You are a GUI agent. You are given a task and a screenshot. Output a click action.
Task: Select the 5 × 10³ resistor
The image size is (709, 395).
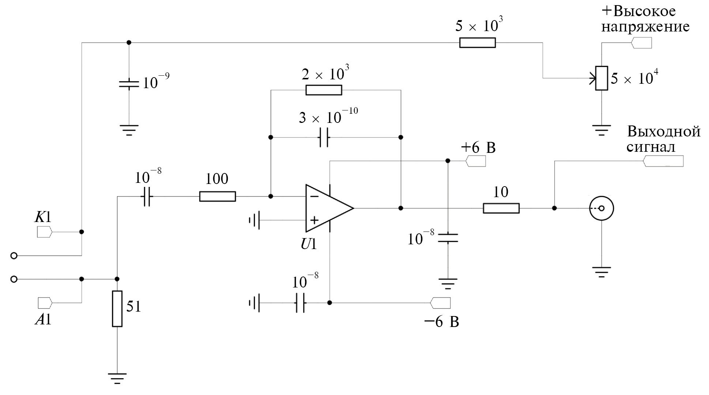(477, 43)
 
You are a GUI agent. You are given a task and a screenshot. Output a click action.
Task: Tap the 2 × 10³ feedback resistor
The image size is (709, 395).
(324, 90)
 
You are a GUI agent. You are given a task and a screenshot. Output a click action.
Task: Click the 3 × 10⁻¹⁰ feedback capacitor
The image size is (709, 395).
(324, 138)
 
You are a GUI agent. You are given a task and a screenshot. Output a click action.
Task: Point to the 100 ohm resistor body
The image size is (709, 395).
(217, 196)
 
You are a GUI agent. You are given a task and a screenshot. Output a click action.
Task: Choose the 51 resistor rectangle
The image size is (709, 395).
(117, 309)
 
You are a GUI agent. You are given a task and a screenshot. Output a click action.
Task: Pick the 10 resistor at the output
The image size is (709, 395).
(501, 208)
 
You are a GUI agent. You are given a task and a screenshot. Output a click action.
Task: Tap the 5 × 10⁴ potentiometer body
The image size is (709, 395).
(601, 78)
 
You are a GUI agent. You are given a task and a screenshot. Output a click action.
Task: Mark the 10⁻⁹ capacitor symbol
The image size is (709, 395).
(129, 84)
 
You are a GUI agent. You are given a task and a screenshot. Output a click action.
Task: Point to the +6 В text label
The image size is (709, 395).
(478, 148)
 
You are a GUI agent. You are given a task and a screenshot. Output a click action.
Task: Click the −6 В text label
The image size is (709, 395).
(441, 322)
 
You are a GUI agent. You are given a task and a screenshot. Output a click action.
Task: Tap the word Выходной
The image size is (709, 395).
(664, 131)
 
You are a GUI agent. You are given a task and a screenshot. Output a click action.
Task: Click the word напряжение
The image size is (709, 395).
(645, 27)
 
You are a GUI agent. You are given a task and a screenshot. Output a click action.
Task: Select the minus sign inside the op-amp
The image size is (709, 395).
(314, 196)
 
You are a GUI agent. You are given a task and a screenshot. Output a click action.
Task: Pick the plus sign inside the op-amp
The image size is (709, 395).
(314, 220)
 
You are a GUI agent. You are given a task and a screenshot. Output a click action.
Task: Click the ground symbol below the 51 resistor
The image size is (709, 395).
(117, 378)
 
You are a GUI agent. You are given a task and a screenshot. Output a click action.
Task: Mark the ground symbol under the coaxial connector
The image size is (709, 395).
(601, 272)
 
